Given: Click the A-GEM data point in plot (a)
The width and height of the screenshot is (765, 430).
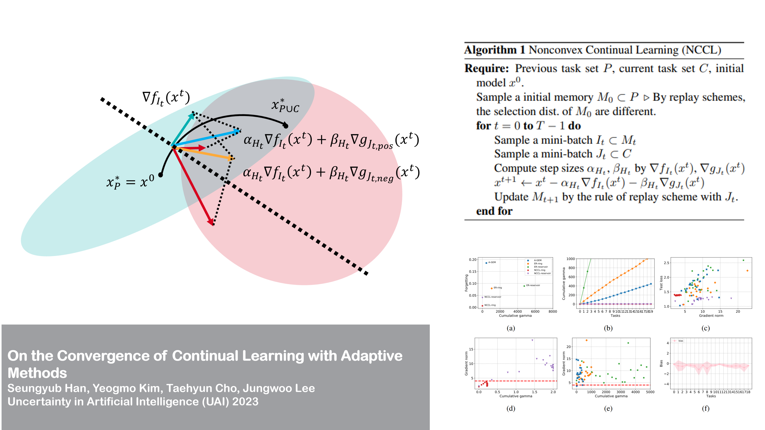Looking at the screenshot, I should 486,263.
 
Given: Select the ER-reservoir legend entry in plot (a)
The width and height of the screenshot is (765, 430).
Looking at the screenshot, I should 541,267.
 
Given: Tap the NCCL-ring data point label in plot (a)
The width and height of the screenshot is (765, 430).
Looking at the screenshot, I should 490,305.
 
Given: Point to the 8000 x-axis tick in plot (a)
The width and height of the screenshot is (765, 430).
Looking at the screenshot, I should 553,311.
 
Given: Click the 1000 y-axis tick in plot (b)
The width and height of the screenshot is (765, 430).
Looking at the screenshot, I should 570,259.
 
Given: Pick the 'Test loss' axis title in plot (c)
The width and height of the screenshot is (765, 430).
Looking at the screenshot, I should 661,283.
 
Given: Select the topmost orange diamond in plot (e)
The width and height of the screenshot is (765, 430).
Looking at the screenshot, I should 586,340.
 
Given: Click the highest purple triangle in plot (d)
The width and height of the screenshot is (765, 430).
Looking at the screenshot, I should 532,340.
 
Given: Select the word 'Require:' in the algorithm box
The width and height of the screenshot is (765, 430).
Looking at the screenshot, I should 486,69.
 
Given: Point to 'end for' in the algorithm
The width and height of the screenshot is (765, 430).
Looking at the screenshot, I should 494,211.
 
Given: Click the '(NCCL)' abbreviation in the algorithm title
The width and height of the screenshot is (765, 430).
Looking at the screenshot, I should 701,50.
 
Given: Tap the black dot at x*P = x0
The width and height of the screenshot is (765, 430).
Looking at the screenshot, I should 161,175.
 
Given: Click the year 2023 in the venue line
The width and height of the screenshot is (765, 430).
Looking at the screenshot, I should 245,402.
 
